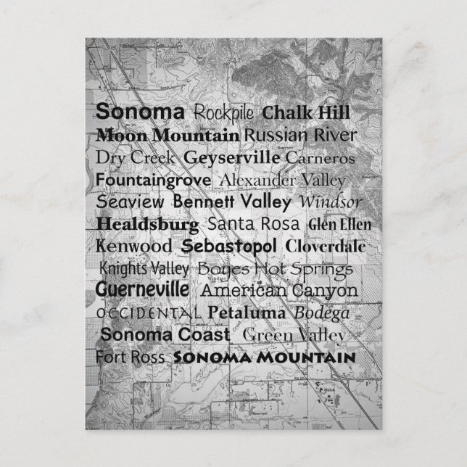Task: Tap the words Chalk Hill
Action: pyautogui.click(x=306, y=113)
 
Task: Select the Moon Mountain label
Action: pyautogui.click(x=168, y=135)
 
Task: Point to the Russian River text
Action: pyautogui.click(x=300, y=135)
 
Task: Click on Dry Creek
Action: pyautogui.click(x=136, y=157)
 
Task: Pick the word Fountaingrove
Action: pyautogui.click(x=153, y=178)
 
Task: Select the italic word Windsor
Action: pyautogui.click(x=330, y=201)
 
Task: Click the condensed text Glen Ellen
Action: pyautogui.click(x=334, y=223)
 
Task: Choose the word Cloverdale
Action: pyautogui.click(x=325, y=246)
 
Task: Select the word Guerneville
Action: pyautogui.click(x=143, y=290)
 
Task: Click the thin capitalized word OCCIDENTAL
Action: pyautogui.click(x=149, y=313)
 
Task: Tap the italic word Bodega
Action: pyautogui.click(x=322, y=313)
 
